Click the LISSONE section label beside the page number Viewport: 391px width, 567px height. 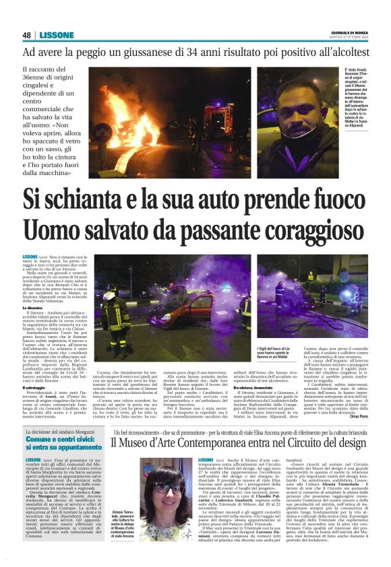(53, 35)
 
